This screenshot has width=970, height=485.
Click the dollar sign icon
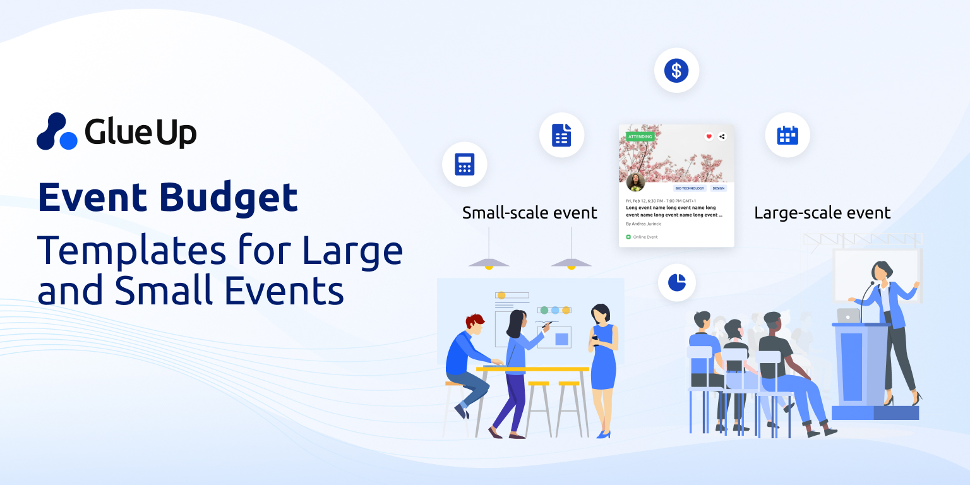[x=676, y=70]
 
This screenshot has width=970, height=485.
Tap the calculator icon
[x=464, y=164]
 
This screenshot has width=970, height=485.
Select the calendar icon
[x=787, y=135]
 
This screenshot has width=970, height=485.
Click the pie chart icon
[x=677, y=282]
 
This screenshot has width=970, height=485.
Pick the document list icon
[x=561, y=135]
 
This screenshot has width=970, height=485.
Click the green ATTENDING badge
[x=640, y=136]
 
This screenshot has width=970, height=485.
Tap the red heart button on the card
[x=709, y=136]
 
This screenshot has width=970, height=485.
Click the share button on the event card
[x=722, y=136]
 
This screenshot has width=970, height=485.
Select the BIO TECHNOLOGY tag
[x=690, y=188]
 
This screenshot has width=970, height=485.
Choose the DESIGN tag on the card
[x=718, y=188]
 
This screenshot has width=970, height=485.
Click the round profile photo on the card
[x=635, y=182]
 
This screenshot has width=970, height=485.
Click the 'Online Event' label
[x=645, y=237]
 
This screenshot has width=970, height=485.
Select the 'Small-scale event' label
[x=529, y=213]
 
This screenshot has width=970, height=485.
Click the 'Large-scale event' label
[x=822, y=213]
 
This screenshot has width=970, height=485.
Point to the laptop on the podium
[x=848, y=316]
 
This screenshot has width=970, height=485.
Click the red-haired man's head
[x=475, y=323]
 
